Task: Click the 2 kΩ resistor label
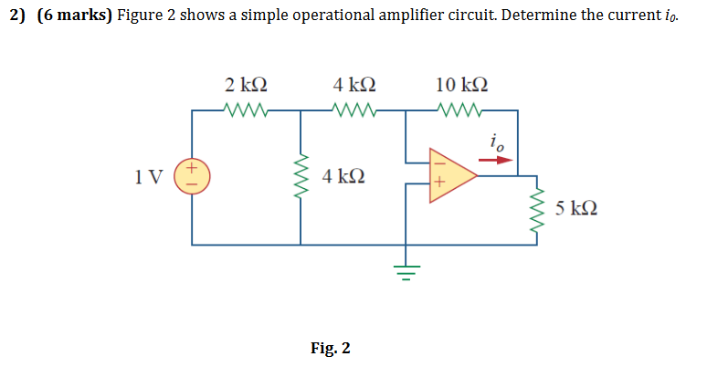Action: [x=246, y=86]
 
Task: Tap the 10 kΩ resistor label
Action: [x=461, y=86]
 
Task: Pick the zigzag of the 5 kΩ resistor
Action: [x=536, y=211]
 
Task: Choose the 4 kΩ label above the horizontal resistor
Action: [x=354, y=86]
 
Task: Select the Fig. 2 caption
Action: [x=330, y=348]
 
